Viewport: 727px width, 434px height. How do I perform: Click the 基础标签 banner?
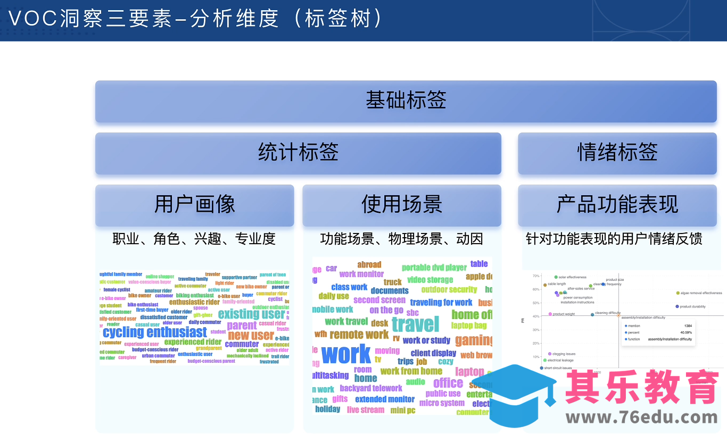tap(406, 101)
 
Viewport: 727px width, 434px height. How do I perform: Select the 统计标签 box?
tap(298, 153)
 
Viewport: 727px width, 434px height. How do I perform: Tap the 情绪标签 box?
tap(617, 153)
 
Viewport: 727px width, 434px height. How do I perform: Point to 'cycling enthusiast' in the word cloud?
tap(154, 332)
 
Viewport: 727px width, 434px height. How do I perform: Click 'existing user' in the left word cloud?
tap(251, 314)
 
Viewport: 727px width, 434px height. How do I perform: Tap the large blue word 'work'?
tap(346, 354)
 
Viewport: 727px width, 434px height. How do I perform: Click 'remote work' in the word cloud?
tap(359, 335)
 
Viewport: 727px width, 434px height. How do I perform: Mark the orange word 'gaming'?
tap(473, 340)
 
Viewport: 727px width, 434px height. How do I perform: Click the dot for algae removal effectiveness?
tap(678, 293)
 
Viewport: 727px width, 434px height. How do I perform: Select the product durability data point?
tap(677, 306)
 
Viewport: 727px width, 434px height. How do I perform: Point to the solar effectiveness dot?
tap(556, 277)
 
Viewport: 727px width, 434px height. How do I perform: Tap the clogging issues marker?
tap(550, 354)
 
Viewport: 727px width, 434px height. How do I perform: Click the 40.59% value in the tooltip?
tap(685, 332)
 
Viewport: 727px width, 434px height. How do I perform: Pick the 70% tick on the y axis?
tap(536, 276)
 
